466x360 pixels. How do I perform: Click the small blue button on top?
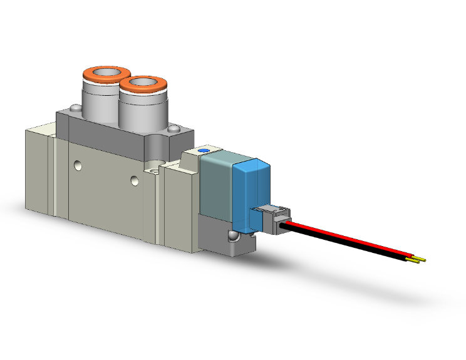pos(202,151)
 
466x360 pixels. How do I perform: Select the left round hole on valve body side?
pos(77,166)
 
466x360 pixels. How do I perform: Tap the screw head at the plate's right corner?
pos(174,129)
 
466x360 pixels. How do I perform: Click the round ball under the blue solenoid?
pos(232,237)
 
